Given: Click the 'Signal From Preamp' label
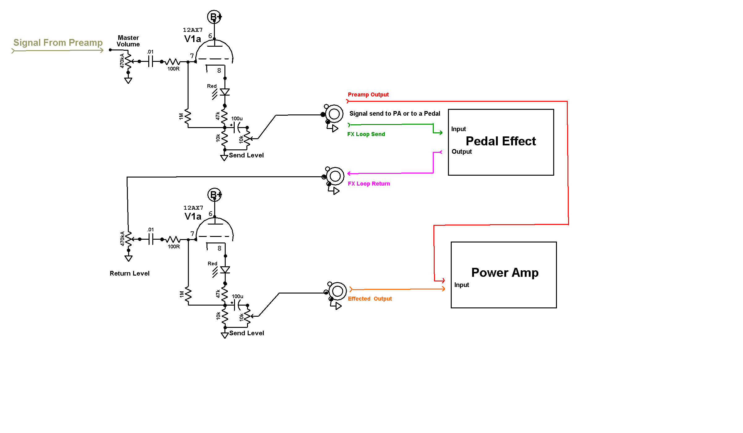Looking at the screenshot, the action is pos(58,42).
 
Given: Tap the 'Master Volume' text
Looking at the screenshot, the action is pos(128,41).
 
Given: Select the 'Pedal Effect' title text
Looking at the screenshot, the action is pos(501,141).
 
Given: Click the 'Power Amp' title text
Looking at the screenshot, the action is pos(505,272).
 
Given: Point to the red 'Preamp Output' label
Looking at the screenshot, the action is pos(368,95).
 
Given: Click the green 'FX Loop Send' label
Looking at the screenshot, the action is pos(366,134).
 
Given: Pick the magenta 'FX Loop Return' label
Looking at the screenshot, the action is pos(369,184).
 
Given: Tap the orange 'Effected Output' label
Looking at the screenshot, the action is pos(370,299).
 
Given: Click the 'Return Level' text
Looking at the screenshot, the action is pos(129,273).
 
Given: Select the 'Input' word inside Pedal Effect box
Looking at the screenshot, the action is pos(458,129).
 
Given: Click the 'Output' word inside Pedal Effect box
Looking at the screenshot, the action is pos(462,152).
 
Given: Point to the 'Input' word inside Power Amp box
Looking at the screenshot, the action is pos(462,285).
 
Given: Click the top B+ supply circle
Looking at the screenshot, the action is pos(214,17).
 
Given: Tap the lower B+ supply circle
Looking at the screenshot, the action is pos(215,195).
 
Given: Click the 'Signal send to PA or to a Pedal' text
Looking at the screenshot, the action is pos(395,114).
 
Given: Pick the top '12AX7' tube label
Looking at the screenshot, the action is pos(193,30).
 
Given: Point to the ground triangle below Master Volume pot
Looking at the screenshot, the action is pos(128,81).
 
